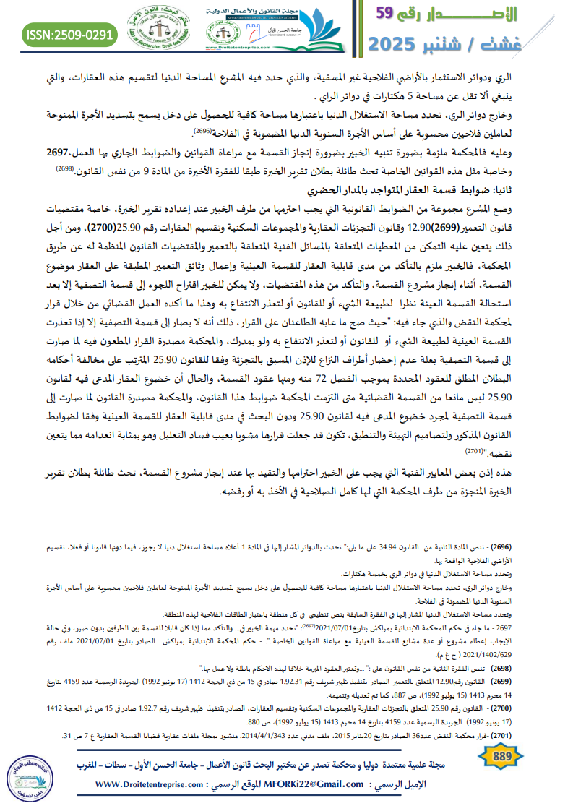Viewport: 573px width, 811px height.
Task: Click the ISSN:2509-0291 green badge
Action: (x=69, y=34)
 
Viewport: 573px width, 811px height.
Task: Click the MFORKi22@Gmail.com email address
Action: (x=316, y=783)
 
